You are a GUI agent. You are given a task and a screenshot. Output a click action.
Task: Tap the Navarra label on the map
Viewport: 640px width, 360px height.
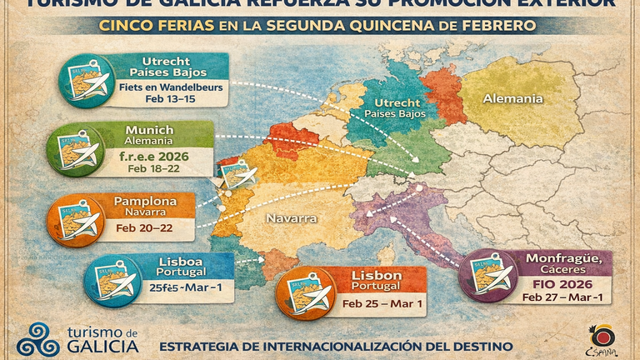[291, 218]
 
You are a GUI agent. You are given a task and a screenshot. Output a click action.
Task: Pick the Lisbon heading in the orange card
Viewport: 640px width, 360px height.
[377, 275]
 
